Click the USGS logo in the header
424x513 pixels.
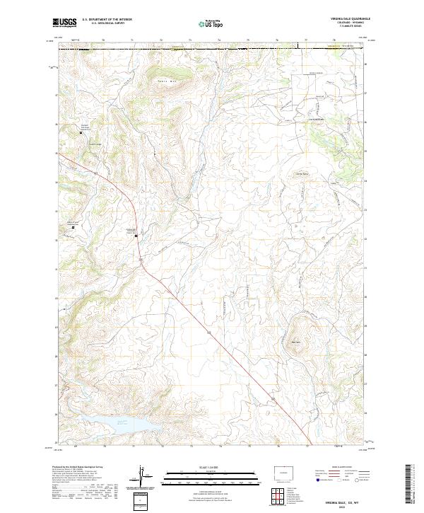coord(64,23)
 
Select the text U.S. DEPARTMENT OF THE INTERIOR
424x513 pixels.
coord(107,20)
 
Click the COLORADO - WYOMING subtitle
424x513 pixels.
coord(348,23)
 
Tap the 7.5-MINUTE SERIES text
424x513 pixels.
coord(348,28)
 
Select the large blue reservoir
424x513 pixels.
coord(126,425)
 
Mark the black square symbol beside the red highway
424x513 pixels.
coord(136,236)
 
